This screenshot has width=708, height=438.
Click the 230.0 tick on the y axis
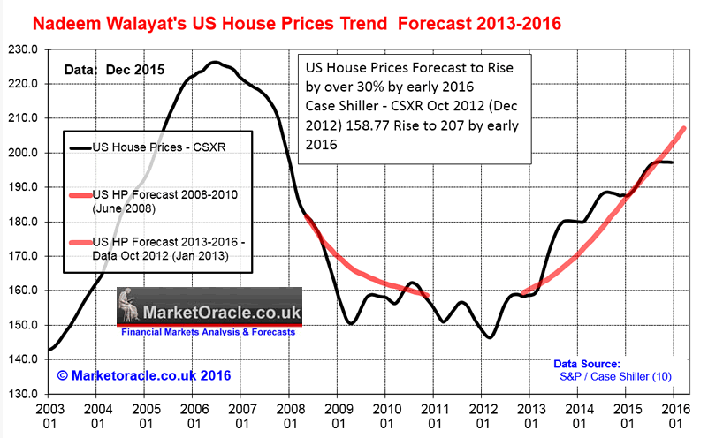coord(22,49)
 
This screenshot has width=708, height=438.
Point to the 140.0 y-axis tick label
coord(22,359)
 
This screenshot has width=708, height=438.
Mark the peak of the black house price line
coord(214,63)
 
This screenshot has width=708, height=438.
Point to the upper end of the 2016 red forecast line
coord(684,129)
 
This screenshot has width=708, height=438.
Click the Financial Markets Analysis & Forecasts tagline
coord(209,334)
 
